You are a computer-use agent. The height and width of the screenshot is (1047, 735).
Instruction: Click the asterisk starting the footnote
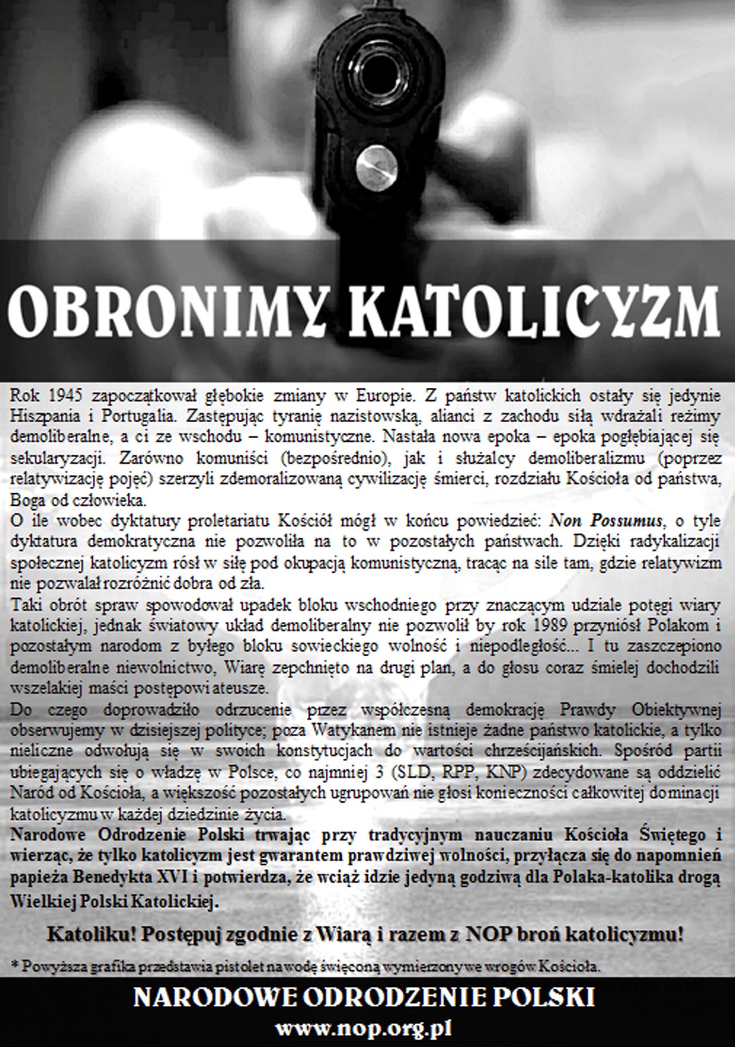point(14,966)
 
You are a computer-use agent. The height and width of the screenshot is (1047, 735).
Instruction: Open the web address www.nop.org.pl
point(365,1030)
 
